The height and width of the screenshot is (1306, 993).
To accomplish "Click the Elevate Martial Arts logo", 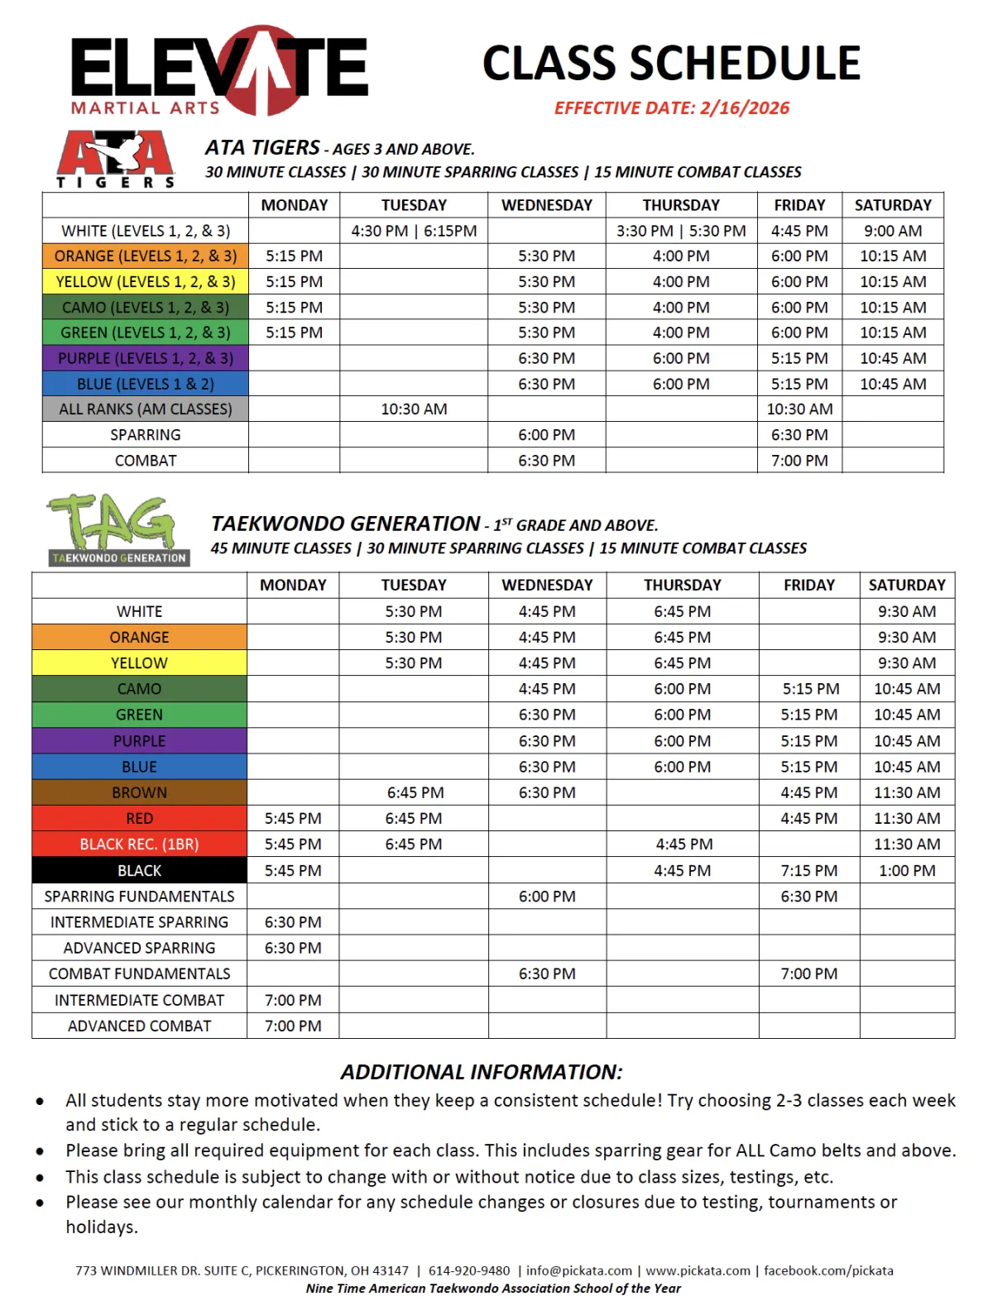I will coord(219,71).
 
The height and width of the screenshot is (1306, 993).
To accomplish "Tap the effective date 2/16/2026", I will coord(671,108).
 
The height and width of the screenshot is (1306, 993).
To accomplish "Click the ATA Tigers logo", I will coord(116,159).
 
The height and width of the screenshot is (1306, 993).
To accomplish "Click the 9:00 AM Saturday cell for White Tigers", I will coord(892,231).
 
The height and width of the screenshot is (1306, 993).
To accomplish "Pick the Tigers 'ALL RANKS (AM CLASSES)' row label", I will coord(146,409).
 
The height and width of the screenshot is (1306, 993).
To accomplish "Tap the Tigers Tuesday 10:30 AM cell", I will coord(414,409).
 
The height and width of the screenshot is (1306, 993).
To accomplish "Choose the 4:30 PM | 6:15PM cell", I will coord(414,231).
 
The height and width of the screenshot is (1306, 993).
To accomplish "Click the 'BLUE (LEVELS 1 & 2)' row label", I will coord(146,384).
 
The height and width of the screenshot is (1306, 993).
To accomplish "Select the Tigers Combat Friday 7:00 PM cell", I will coord(799,461).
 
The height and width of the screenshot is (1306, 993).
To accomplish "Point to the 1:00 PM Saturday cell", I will coord(907,871).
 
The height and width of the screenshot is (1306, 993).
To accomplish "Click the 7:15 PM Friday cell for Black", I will coord(808,871).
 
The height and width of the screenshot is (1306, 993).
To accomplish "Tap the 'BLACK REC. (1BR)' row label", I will coord(139,844).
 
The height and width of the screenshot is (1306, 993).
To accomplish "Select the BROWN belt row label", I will coord(139,792).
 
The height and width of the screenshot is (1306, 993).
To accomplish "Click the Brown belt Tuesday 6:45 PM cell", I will coord(415,792).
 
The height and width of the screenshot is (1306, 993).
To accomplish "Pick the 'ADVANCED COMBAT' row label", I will coord(139,1026).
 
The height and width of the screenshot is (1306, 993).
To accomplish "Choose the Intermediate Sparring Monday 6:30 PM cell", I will coord(293,922).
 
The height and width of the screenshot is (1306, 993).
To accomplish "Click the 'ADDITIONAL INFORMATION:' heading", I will coord(482,1072).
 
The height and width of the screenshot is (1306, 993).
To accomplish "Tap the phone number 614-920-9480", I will coord(469,1270).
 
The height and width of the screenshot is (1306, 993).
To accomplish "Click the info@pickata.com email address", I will coord(578,1270).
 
